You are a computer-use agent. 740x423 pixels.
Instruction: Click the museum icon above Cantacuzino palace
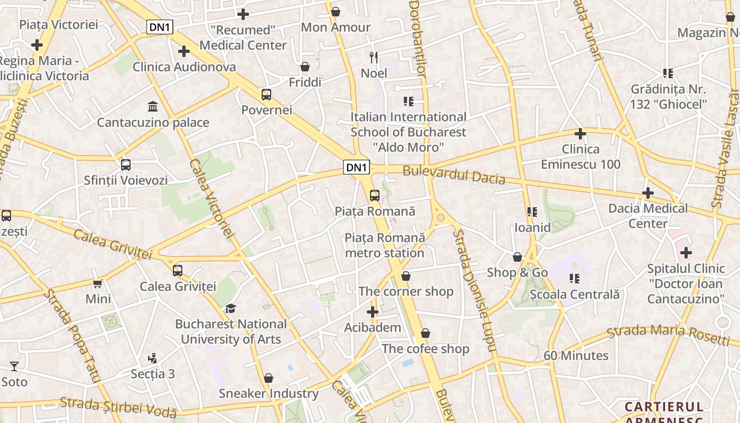tap(153, 107)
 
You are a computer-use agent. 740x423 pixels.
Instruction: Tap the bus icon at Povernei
tap(266, 95)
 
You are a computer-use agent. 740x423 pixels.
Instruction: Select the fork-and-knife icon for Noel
tap(374, 58)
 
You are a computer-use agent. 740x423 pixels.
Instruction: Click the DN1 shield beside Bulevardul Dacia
tap(356, 168)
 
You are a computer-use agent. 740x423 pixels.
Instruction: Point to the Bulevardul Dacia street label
tap(454, 175)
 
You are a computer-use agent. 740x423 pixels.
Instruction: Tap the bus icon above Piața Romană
tap(375, 196)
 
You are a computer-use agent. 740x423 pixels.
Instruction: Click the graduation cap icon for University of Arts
tap(230, 308)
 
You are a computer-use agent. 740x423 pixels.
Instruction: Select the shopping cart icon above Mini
tap(98, 283)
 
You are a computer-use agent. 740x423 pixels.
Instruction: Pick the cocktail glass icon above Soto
tap(14, 366)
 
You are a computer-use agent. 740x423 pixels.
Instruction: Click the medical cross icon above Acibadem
tap(373, 312)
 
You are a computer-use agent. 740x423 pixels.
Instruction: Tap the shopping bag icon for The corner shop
tap(406, 276)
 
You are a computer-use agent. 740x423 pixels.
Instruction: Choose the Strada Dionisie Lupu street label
tap(474, 291)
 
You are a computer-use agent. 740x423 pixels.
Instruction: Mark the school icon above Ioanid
tap(532, 212)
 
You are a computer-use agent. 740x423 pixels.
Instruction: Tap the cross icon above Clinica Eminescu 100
tap(580, 134)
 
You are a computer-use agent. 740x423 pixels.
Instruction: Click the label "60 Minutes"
tap(576, 356)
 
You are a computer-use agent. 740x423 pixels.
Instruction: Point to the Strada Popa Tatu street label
tap(72, 335)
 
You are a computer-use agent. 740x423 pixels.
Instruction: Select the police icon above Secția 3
tap(153, 358)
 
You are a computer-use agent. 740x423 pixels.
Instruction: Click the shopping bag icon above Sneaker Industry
tap(269, 378)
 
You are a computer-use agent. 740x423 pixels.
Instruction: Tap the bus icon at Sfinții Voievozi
tap(126, 164)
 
